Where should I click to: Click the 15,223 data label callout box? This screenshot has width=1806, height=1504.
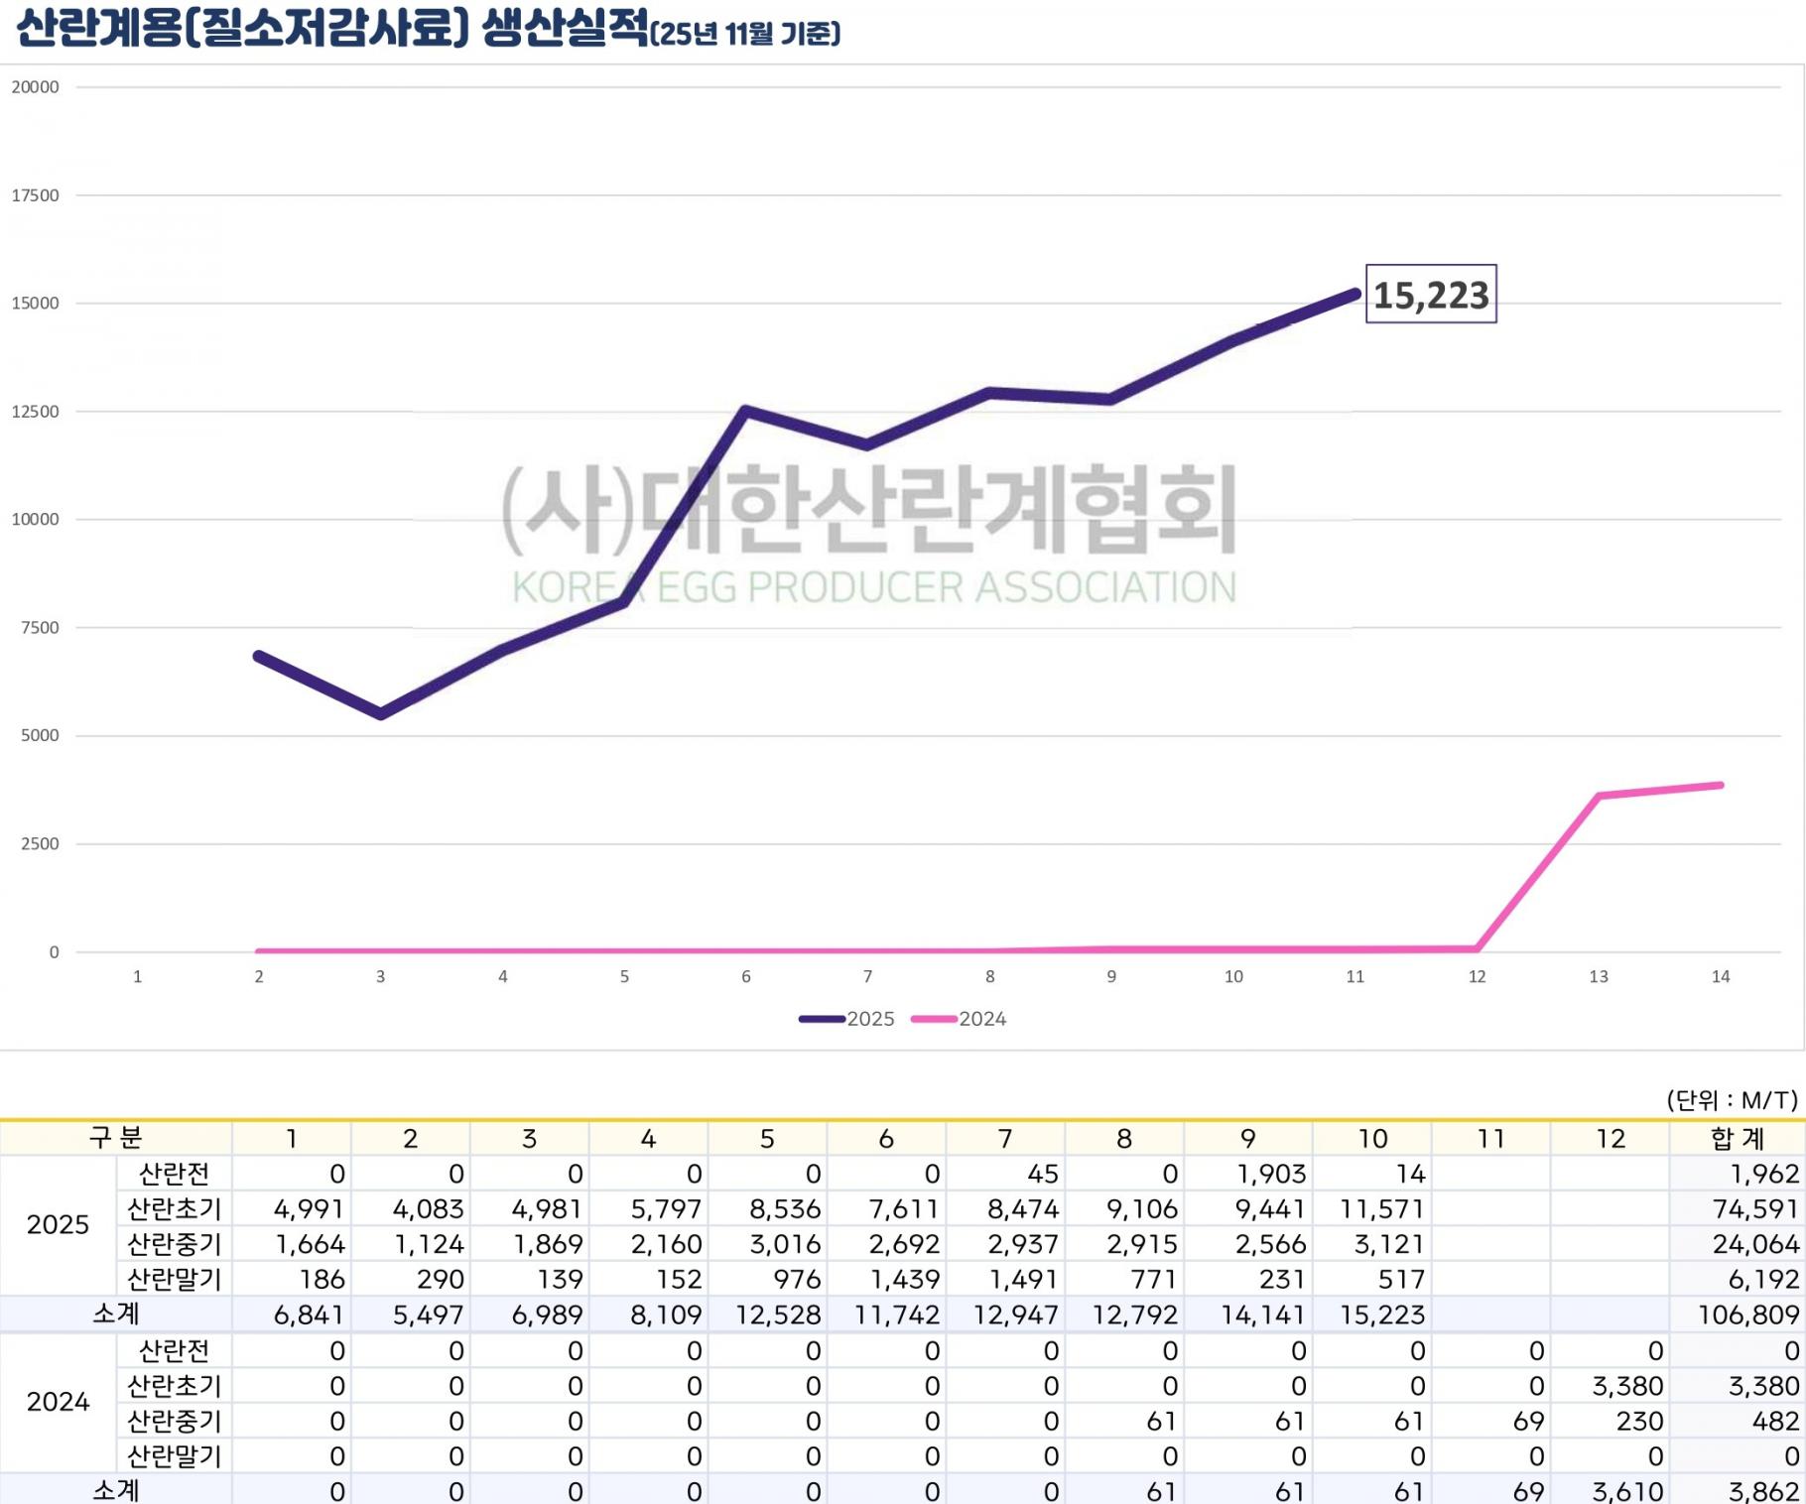[x=1431, y=295]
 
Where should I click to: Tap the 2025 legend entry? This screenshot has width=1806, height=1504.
[x=848, y=1019]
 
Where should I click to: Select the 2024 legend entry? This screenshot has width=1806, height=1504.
[x=960, y=1019]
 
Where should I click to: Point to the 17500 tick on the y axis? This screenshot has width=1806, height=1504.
[x=36, y=195]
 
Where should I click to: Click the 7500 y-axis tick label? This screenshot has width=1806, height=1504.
[x=40, y=628]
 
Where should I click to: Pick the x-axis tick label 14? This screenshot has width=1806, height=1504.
[x=1721, y=977]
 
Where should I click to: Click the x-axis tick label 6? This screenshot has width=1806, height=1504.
[x=746, y=977]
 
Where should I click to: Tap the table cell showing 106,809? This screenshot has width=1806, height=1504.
[x=1747, y=1315]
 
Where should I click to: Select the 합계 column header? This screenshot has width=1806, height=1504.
[x=1738, y=1138]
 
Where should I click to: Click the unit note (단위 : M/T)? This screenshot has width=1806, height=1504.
[x=1732, y=1099]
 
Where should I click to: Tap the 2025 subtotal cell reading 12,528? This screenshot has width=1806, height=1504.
[x=778, y=1315]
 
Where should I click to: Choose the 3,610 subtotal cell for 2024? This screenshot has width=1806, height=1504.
[x=1626, y=1491]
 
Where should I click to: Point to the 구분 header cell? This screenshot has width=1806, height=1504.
[x=116, y=1138]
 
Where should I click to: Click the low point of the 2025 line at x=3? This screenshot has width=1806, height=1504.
[x=381, y=714]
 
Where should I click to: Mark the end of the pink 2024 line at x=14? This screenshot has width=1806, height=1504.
[x=1720, y=786]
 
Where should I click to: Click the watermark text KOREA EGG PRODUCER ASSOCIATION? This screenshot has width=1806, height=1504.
[x=873, y=587]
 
